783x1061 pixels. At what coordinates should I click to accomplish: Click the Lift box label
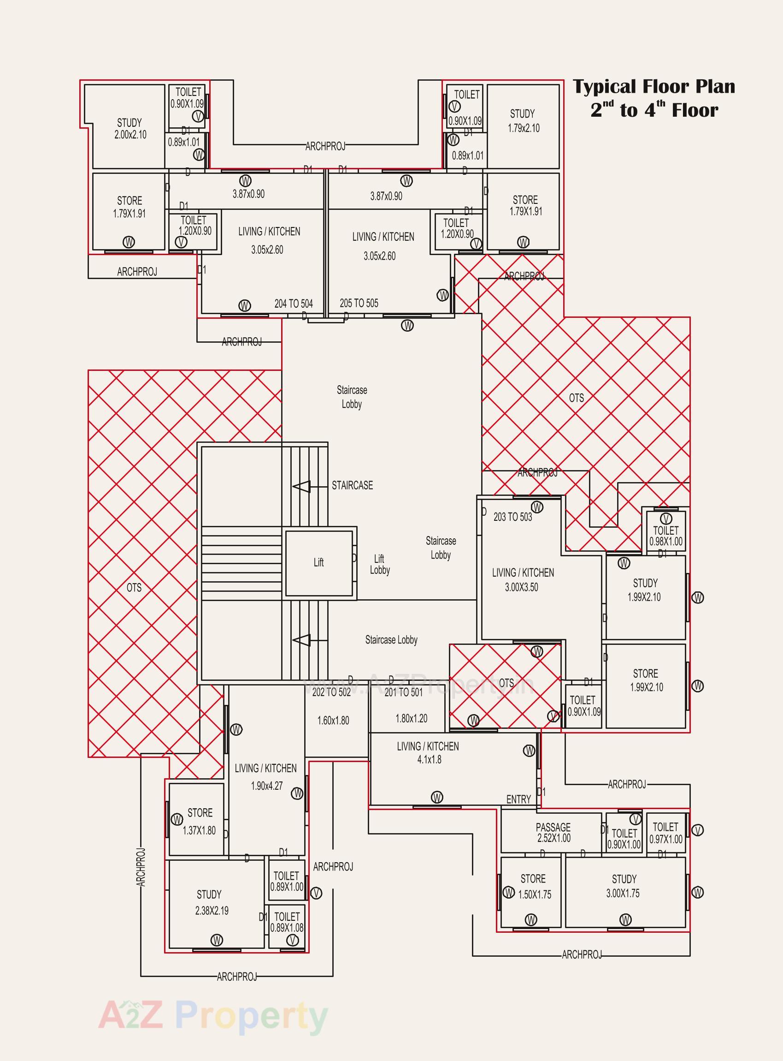click(318, 562)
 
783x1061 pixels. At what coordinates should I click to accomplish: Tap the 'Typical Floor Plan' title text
click(653, 87)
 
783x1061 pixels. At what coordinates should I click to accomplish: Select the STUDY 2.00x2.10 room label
click(130, 129)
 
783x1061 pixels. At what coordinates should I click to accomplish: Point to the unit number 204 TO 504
click(294, 304)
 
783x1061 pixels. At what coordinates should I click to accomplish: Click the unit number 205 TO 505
click(359, 303)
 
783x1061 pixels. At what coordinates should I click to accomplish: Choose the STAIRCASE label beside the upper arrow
click(352, 485)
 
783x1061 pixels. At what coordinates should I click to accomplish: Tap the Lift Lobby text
click(380, 565)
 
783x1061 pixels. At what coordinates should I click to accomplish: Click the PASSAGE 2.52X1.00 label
click(553, 832)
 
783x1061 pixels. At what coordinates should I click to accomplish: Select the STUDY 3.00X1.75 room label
click(623, 886)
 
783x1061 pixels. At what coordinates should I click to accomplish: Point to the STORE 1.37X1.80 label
click(200, 822)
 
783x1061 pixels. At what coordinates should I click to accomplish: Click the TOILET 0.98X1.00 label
click(666, 536)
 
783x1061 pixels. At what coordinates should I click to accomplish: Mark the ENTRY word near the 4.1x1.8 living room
click(518, 799)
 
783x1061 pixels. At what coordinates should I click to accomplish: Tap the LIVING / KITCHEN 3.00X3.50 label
click(522, 579)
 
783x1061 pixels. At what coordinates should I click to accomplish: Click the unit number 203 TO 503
click(512, 517)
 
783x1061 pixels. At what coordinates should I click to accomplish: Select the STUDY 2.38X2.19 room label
click(211, 903)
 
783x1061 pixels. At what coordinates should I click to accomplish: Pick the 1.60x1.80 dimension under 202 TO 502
click(333, 721)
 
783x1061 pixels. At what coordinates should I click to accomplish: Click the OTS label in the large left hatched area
click(134, 588)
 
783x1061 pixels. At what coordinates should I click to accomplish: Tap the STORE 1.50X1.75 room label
click(534, 887)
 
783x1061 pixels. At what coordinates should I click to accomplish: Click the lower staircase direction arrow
click(302, 640)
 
